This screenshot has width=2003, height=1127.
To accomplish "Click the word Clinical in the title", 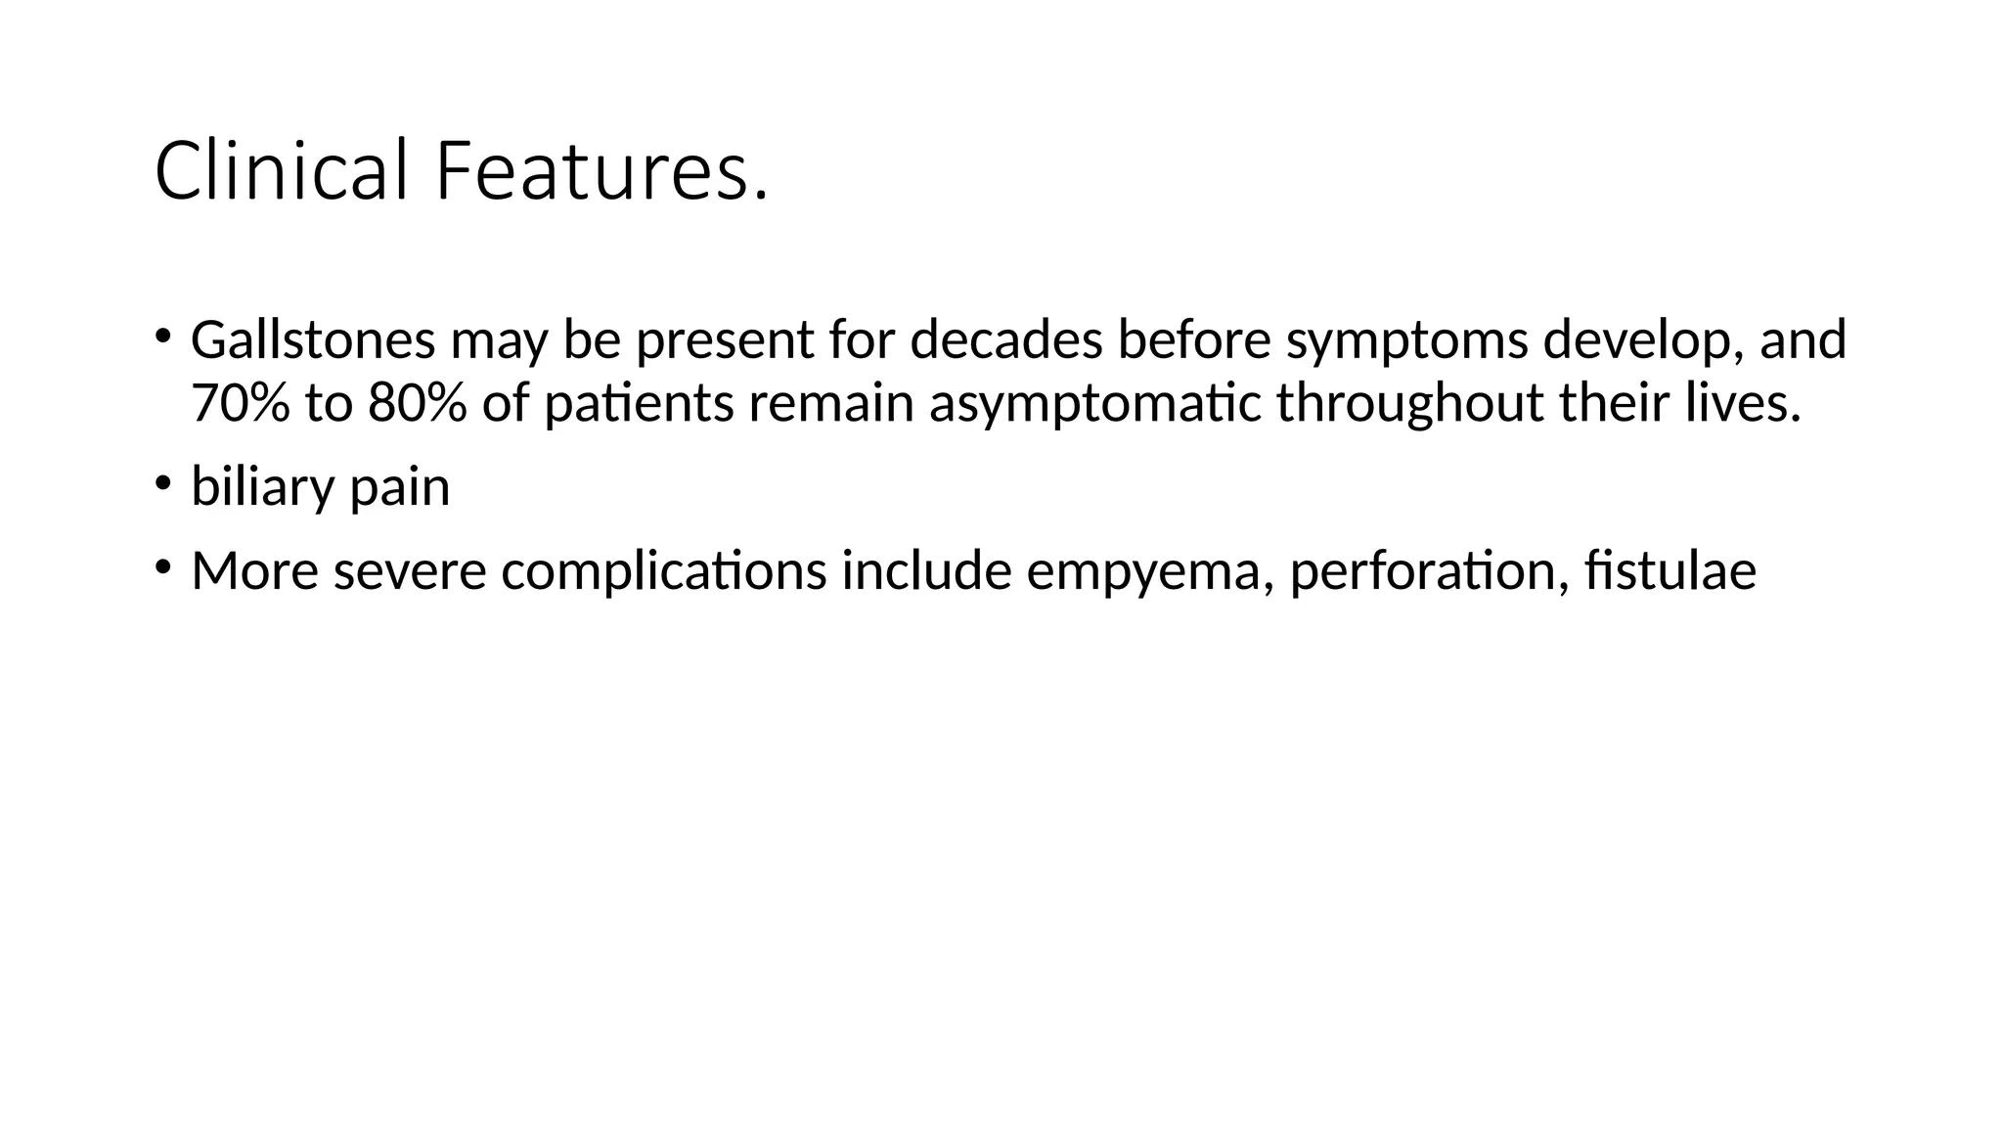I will coord(280,171).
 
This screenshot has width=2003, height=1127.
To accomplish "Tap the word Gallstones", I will coord(313,340).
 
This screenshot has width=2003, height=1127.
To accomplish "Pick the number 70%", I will coord(241,403).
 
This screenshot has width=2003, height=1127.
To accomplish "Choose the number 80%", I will coord(418,403).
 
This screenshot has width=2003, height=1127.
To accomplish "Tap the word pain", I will coord(399,488).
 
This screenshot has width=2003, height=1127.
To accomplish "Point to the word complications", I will coord(664,572).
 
